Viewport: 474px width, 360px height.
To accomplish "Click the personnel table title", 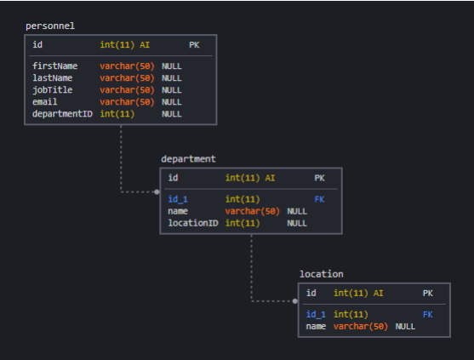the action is click(x=50, y=26).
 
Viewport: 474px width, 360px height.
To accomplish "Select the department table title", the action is click(x=188, y=159).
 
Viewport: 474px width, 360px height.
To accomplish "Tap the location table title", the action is click(x=322, y=274).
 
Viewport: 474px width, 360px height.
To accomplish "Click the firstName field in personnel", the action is click(x=55, y=66).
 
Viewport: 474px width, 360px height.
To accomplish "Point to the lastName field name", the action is click(x=52, y=78).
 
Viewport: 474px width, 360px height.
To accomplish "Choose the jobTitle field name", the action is click(x=52, y=89).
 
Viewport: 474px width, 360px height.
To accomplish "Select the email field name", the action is click(x=45, y=102).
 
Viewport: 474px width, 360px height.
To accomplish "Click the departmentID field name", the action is click(x=62, y=114).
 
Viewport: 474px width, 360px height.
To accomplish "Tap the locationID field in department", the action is click(x=193, y=223).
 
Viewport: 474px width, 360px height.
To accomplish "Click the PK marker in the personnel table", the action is click(x=194, y=45).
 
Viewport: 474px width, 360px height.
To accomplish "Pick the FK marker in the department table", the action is click(x=319, y=199).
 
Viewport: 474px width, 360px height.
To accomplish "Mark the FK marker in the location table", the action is click(x=427, y=315).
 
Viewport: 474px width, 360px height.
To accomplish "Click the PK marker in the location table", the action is click(x=427, y=294).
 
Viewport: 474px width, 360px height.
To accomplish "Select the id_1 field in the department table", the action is click(x=178, y=199).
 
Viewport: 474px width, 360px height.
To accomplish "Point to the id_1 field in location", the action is click(x=316, y=315).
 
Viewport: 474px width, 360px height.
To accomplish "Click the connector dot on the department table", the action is click(x=157, y=192).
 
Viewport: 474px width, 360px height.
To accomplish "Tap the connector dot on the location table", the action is click(x=295, y=301).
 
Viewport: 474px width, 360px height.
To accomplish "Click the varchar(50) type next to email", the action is click(x=127, y=102).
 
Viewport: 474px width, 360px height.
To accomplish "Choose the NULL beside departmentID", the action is click(x=171, y=114).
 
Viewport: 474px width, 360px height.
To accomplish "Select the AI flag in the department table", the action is click(x=270, y=178).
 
